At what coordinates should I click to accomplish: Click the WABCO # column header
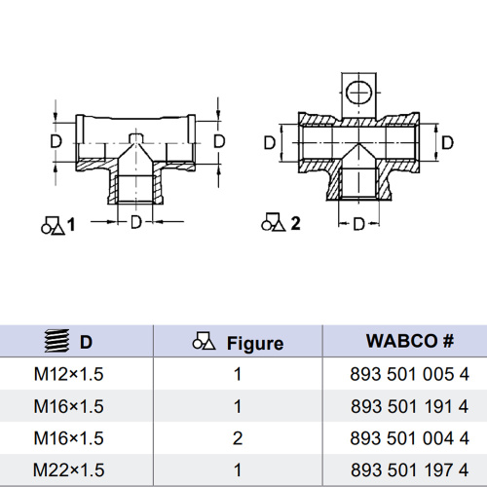410,341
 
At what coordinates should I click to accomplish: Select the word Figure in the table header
255,344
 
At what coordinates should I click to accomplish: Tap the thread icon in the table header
56,341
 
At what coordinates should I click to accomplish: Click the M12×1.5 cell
68,374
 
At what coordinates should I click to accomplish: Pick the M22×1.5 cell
68,469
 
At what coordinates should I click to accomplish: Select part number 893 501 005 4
409,374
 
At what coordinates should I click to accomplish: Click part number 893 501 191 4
409,406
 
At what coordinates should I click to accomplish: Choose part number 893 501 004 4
409,438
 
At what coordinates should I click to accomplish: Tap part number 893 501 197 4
409,469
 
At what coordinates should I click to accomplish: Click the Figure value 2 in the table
238,438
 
